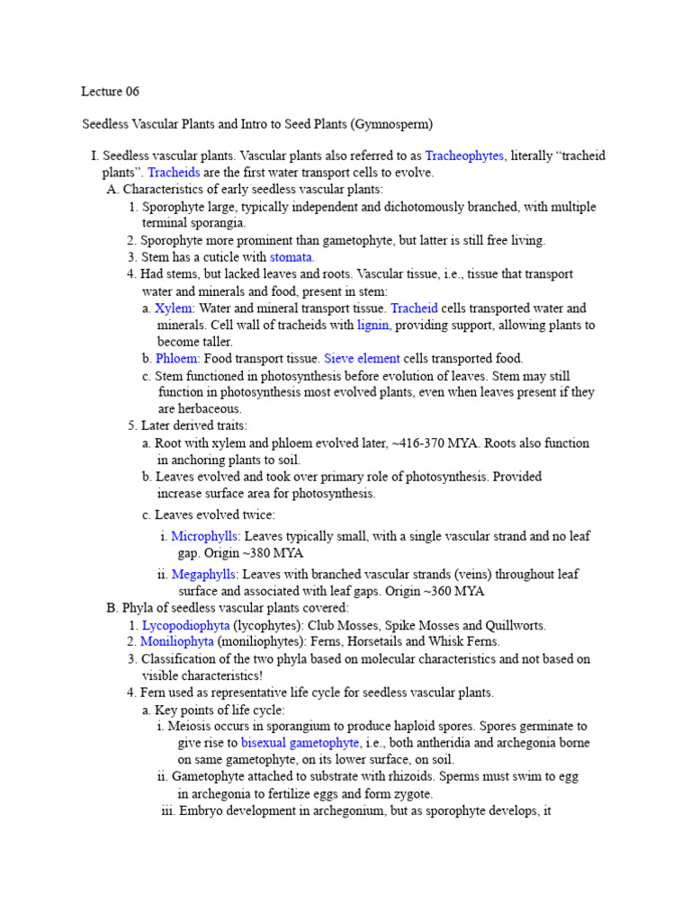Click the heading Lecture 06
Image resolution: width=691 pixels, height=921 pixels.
[x=111, y=92]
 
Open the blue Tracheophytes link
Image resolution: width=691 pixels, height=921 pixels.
[x=464, y=156]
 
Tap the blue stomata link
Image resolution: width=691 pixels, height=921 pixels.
[x=292, y=257]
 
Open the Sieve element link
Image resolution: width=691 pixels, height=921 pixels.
[x=362, y=358]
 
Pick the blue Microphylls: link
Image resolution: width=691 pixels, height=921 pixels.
[x=205, y=536]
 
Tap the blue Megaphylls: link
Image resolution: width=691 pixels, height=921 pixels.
[x=205, y=574]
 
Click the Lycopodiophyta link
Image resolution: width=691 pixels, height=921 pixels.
[x=185, y=625]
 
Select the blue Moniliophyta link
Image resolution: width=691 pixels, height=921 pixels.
[x=177, y=641]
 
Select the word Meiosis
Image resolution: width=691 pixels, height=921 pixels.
[x=194, y=726]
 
